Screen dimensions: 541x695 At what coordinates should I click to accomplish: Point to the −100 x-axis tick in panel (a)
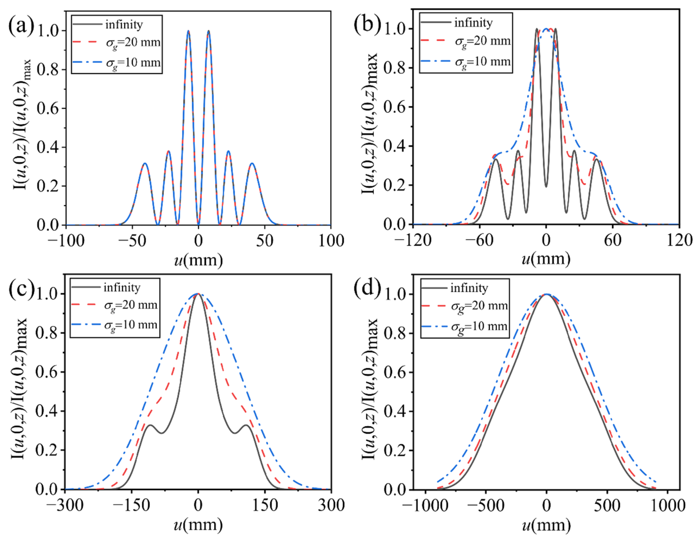point(66,241)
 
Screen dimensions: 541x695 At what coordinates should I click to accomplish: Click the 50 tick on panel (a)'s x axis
point(265,241)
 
